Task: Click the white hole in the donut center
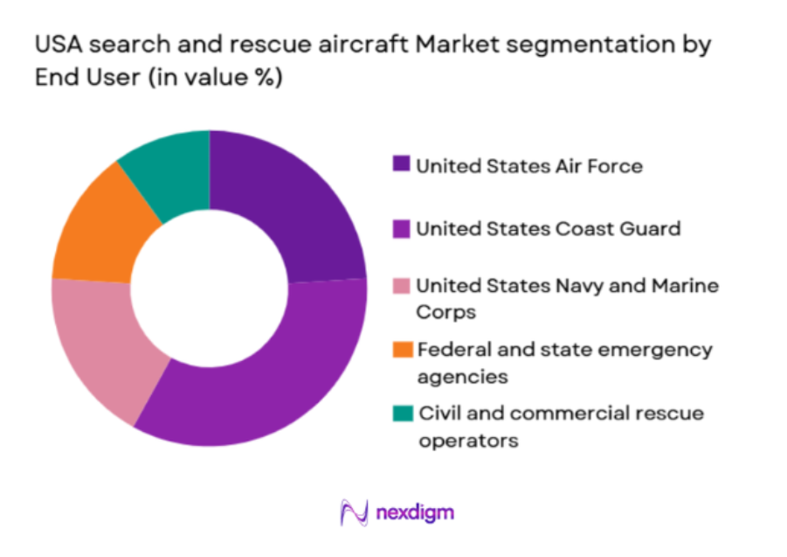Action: (210, 288)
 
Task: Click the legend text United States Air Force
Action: (528, 165)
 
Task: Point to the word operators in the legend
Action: (468, 440)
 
